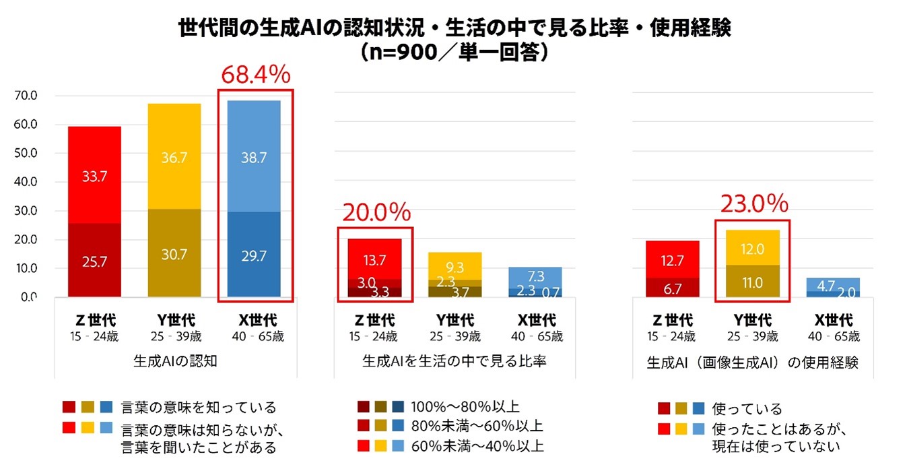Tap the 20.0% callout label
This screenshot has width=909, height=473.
pyautogui.click(x=376, y=214)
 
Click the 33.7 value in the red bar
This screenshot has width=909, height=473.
pyautogui.click(x=94, y=177)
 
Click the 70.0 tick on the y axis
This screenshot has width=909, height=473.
pyautogui.click(x=25, y=96)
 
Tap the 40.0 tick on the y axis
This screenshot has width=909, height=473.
pyautogui.click(x=25, y=182)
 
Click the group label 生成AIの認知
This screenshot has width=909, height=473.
pyautogui.click(x=175, y=361)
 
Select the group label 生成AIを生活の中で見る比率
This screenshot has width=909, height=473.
pyautogui.click(x=454, y=362)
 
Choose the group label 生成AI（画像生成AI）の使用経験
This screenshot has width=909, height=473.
pyautogui.click(x=752, y=362)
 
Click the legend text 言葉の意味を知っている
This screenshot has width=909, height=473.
pyautogui.click(x=199, y=407)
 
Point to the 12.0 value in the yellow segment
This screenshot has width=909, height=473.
pyautogui.click(x=752, y=249)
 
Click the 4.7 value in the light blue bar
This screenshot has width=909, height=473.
pyautogui.click(x=826, y=285)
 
